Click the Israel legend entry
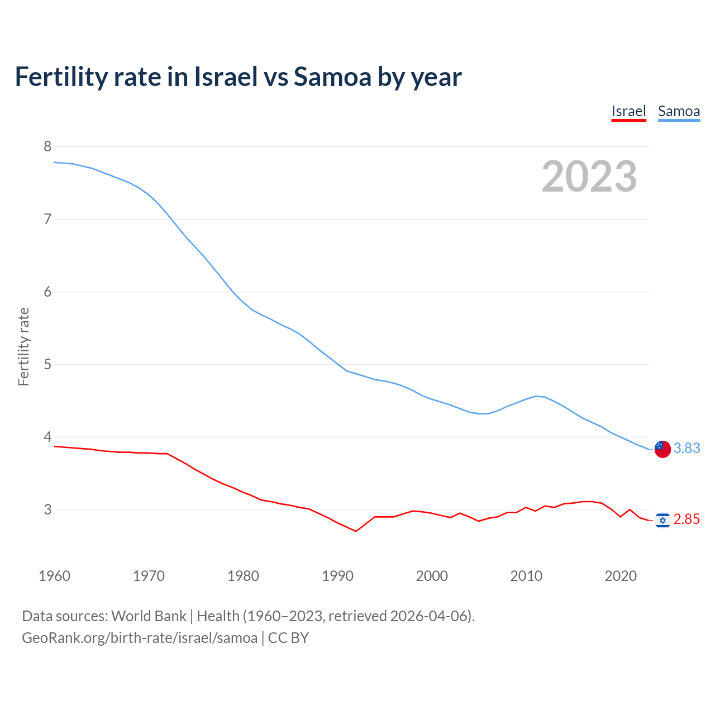point(628,111)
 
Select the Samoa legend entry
point(679,111)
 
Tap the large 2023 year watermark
point(589,177)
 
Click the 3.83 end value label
point(687,449)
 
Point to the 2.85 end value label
point(687,519)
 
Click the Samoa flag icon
point(662,449)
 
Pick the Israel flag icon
point(662,520)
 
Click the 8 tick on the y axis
point(47,146)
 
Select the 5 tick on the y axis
point(47,364)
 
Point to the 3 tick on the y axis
point(47,509)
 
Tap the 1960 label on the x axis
point(54,576)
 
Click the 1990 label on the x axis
point(337,576)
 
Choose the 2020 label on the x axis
point(621,576)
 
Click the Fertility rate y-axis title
point(23,346)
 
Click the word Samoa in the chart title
point(332,77)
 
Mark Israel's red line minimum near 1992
point(356,531)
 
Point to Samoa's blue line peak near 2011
point(536,396)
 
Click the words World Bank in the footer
point(149,616)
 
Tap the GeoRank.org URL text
point(140,638)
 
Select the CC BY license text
point(288,638)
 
